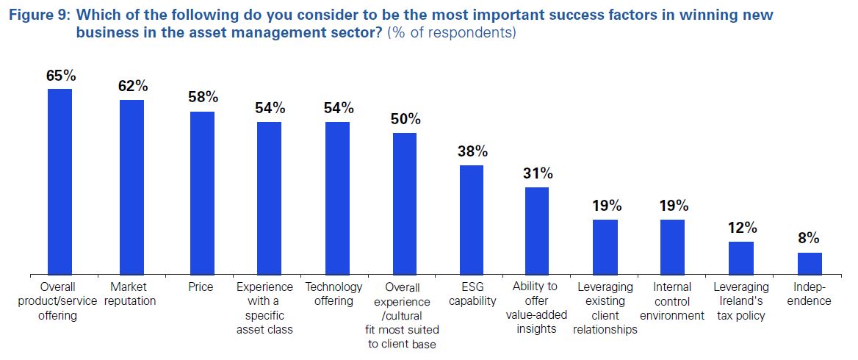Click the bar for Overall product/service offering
pyautogui.click(x=60, y=181)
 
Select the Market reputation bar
pyautogui.click(x=131, y=187)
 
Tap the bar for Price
pyautogui.click(x=202, y=192)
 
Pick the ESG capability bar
pyautogui.click(x=472, y=219)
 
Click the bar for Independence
pyautogui.click(x=810, y=262)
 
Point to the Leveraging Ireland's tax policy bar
pyautogui.click(x=740, y=257)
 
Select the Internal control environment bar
pyautogui.click(x=672, y=246)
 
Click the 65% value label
pyautogui.click(x=61, y=75)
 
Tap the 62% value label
pyautogui.click(x=133, y=86)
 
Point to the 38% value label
pyautogui.click(x=472, y=151)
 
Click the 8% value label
pyautogui.click(x=808, y=238)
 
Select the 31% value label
pyautogui.click(x=538, y=173)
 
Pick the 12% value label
pyautogui.click(x=741, y=227)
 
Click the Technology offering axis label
pyautogui.click(x=334, y=293)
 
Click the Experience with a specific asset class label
pyautogui.click(x=264, y=308)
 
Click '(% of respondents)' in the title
pyautogui.click(x=451, y=33)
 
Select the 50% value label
pyautogui.click(x=405, y=119)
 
